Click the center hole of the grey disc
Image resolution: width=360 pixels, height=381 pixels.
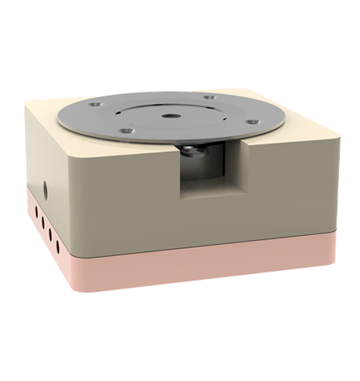point(169,117)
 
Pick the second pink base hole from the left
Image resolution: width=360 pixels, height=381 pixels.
point(42,223)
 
